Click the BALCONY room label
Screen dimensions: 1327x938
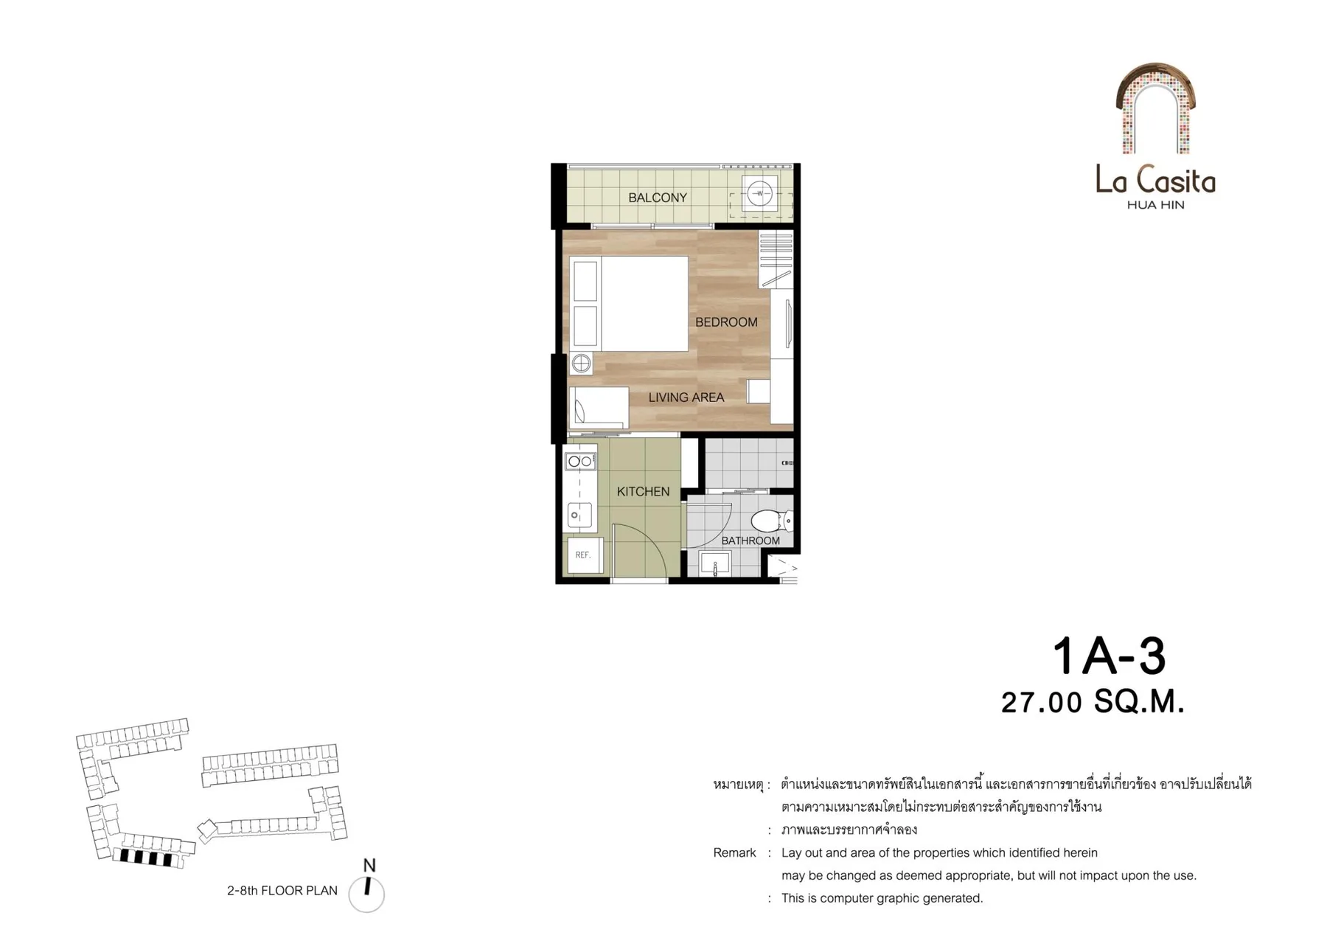[657, 198]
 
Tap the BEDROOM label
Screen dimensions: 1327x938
[726, 322]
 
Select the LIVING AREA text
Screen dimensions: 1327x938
[686, 397]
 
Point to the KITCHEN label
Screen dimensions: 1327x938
[643, 492]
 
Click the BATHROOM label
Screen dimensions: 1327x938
[750, 541]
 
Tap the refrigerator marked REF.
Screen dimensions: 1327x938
[584, 555]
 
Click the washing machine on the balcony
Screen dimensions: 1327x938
[759, 194]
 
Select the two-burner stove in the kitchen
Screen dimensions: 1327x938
[581, 462]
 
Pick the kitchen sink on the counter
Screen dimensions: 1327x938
[579, 515]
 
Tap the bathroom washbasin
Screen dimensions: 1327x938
[715, 564]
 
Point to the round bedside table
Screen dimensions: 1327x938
[582, 363]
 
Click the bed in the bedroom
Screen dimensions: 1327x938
[630, 304]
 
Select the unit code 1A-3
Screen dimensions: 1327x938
[1109, 656]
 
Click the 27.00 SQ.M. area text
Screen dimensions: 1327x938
[1093, 702]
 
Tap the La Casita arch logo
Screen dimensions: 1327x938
[1155, 108]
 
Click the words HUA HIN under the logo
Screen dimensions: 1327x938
[1155, 205]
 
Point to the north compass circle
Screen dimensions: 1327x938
[366, 894]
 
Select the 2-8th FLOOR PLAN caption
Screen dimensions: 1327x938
[282, 891]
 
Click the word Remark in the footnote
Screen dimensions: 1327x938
[734, 853]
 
